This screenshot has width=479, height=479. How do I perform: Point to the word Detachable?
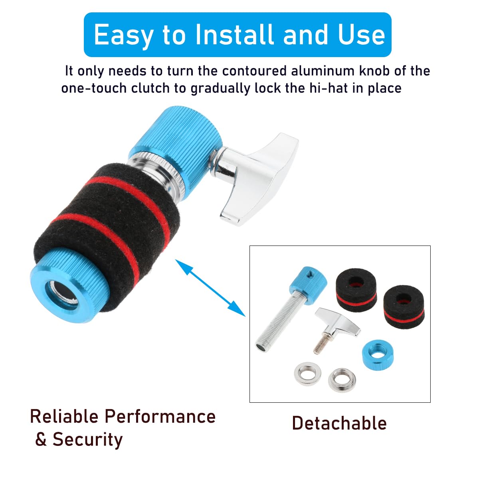click(339, 423)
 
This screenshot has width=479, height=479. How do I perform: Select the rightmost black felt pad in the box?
click(404, 307)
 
